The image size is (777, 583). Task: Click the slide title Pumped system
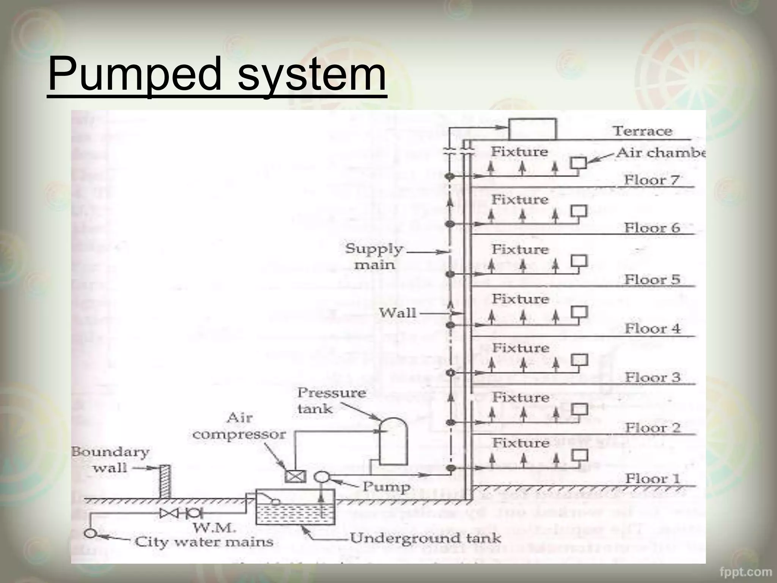tap(217, 74)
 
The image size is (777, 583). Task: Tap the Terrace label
tap(642, 131)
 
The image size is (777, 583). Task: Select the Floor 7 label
tap(651, 180)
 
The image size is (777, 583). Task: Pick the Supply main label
tap(374, 257)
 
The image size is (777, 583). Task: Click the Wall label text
tap(398, 313)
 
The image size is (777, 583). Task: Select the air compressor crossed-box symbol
tap(295, 476)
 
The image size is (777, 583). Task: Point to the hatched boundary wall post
tap(165, 481)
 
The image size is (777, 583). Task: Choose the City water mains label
tap(204, 542)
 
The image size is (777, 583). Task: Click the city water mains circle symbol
tap(90, 533)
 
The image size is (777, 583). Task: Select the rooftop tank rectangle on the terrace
tap(532, 129)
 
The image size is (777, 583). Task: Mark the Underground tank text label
tap(425, 538)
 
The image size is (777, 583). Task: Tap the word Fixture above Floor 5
tap(520, 249)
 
